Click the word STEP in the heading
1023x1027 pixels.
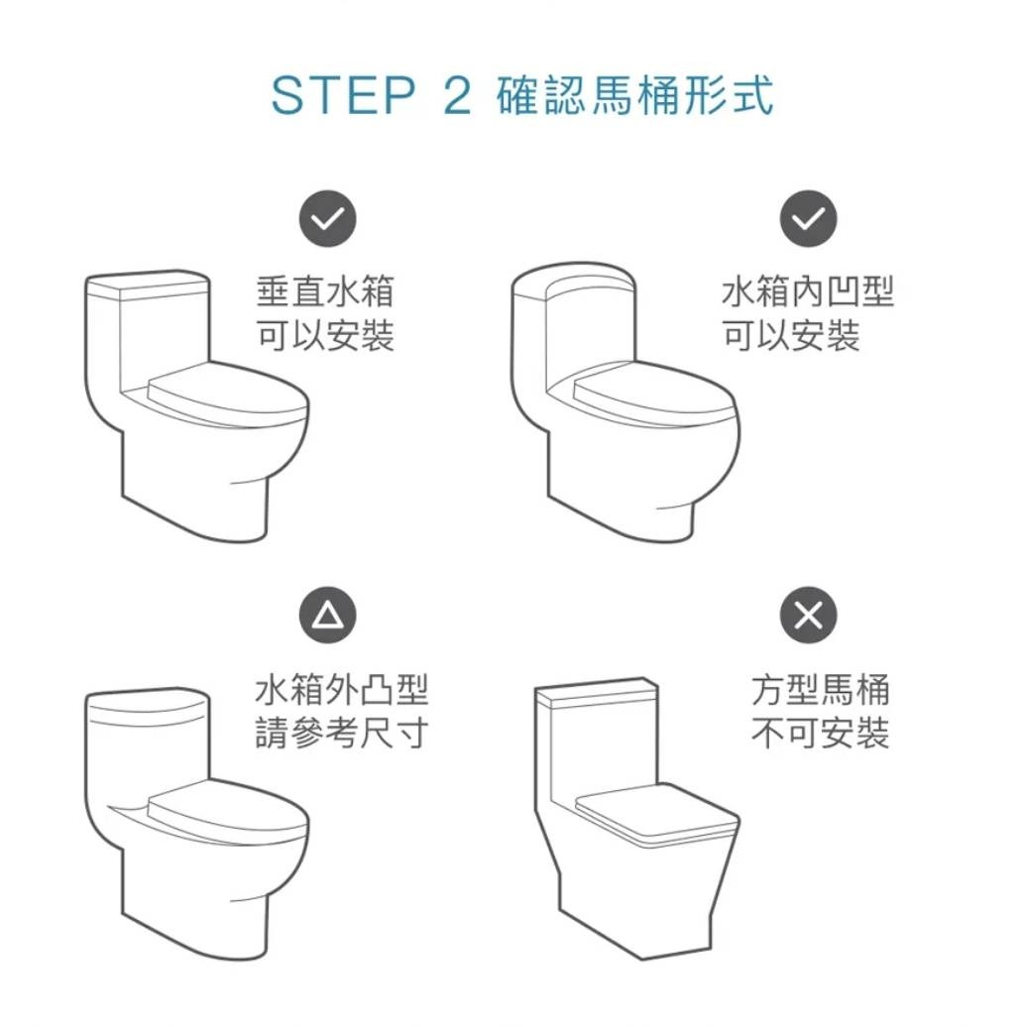point(343,95)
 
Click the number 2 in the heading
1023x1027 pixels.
point(457,95)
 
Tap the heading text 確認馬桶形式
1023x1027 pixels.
point(634,95)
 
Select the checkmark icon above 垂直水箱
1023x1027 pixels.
point(328,219)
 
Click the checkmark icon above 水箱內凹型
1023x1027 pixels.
point(808,219)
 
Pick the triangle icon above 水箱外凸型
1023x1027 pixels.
point(328,615)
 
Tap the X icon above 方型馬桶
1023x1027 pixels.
point(808,615)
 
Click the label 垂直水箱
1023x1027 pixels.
point(325,291)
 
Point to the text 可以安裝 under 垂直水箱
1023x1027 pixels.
point(325,335)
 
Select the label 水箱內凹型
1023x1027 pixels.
point(808,291)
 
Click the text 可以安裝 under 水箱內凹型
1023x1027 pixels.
point(791,335)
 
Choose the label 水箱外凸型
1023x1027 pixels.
point(341,689)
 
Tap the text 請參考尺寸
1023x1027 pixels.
point(341,733)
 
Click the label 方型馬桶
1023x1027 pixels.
point(821,689)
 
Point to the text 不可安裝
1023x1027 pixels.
point(821,733)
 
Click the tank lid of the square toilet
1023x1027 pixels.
point(596,693)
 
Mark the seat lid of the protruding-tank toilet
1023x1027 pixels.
point(226,811)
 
